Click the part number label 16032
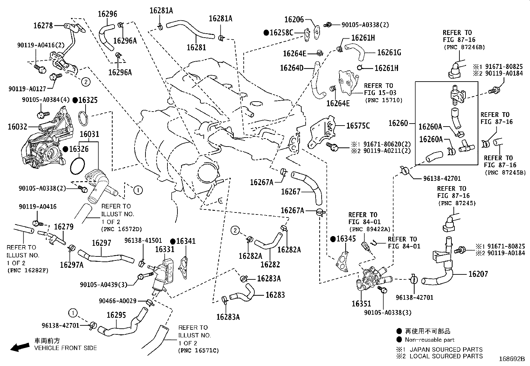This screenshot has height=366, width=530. [x=18, y=127]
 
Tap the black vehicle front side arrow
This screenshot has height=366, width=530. [x=20, y=347]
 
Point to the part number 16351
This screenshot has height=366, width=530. [x=361, y=304]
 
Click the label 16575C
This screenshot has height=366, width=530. [x=358, y=126]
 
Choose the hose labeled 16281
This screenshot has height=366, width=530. [x=191, y=30]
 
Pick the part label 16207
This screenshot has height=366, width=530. [x=478, y=274]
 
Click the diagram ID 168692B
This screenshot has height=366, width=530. [x=512, y=359]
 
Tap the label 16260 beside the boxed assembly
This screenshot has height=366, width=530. [x=398, y=123]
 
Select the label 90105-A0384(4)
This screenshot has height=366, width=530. [x=46, y=100]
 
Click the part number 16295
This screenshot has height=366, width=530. [x=116, y=315]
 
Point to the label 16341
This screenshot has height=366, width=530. [x=186, y=241]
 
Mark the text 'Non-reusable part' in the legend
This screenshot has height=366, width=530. [x=430, y=340]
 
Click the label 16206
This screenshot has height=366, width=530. [x=294, y=20]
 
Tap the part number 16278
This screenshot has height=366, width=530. [x=43, y=26]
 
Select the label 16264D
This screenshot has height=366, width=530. [x=292, y=68]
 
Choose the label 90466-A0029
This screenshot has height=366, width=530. [x=118, y=301]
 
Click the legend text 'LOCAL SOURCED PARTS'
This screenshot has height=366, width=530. [x=446, y=356]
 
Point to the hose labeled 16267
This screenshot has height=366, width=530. [x=307, y=187]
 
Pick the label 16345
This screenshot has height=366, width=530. [x=346, y=239]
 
